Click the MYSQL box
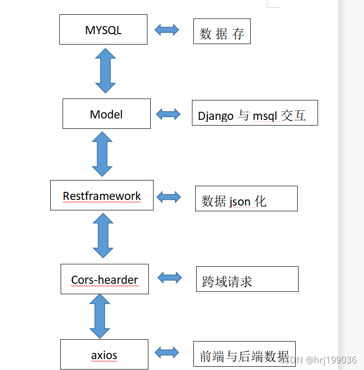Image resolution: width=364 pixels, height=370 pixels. tap(103, 29)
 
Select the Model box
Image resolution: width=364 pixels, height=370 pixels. tap(107, 114)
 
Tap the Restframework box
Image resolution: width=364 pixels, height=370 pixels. tap(102, 195)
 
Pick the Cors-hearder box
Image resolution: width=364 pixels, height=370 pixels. tap(105, 279)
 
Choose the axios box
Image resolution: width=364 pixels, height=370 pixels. tap(104, 354)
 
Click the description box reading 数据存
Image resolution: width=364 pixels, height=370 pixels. tap(222, 32)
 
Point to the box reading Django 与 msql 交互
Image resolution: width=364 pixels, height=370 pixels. tap(255, 113)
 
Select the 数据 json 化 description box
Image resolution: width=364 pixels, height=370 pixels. tap(246, 199)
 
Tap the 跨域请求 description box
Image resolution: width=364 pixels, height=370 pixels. tap(247, 279)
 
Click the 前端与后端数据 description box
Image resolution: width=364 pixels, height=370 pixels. tap(244, 354)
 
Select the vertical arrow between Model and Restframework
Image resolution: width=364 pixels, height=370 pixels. tap(102, 154)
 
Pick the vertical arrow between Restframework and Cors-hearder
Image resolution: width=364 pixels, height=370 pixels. tap(103, 235)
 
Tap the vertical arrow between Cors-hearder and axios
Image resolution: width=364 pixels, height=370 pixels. tap(100, 316)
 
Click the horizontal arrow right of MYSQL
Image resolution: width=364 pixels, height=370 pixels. tap(167, 30)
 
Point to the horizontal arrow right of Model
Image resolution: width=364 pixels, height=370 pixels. tap(168, 114)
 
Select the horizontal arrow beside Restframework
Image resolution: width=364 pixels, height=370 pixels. tap(169, 197)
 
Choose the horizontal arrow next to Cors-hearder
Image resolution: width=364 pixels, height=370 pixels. tap(170, 278)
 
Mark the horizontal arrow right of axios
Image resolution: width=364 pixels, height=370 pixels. tap(167, 352)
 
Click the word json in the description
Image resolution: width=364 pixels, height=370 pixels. tap(240, 202)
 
